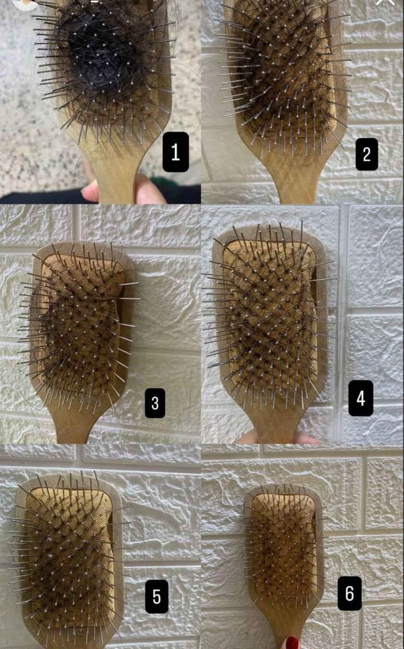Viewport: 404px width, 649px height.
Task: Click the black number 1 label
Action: point(175,152)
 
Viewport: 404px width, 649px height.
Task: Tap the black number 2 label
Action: point(367,154)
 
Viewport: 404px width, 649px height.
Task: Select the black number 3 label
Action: point(155,403)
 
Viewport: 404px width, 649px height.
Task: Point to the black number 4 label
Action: point(360,398)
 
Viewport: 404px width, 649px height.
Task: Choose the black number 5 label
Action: point(156,597)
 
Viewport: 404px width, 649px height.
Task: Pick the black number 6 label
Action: point(350,593)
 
